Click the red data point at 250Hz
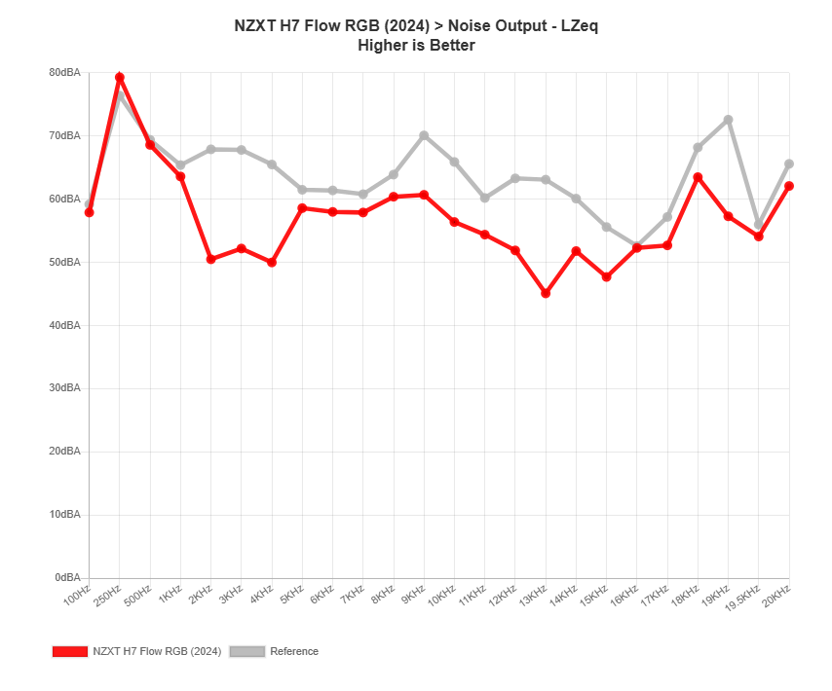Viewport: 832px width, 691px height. (x=120, y=77)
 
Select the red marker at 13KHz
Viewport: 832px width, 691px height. (x=546, y=293)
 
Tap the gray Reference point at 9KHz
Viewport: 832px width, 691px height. (x=424, y=135)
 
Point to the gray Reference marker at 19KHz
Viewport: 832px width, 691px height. (x=728, y=120)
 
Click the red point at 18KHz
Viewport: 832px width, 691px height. (x=698, y=177)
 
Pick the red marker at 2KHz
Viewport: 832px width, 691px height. (x=210, y=259)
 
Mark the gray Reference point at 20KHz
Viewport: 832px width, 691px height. (x=789, y=164)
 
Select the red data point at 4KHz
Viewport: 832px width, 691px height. (x=272, y=263)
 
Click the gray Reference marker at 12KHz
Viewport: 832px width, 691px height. (x=515, y=178)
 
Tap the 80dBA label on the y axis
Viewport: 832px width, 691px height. (x=64, y=72)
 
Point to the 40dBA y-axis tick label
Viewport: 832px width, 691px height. (x=64, y=325)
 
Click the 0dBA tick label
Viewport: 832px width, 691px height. (x=67, y=577)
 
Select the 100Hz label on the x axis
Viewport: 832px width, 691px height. (x=78, y=596)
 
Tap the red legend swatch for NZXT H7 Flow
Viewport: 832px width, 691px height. (x=70, y=651)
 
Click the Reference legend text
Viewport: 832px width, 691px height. (x=294, y=651)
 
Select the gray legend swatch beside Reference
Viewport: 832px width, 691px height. (x=246, y=651)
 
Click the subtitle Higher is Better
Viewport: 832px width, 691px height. (x=416, y=45)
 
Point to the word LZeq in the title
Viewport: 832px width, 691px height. (x=580, y=26)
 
